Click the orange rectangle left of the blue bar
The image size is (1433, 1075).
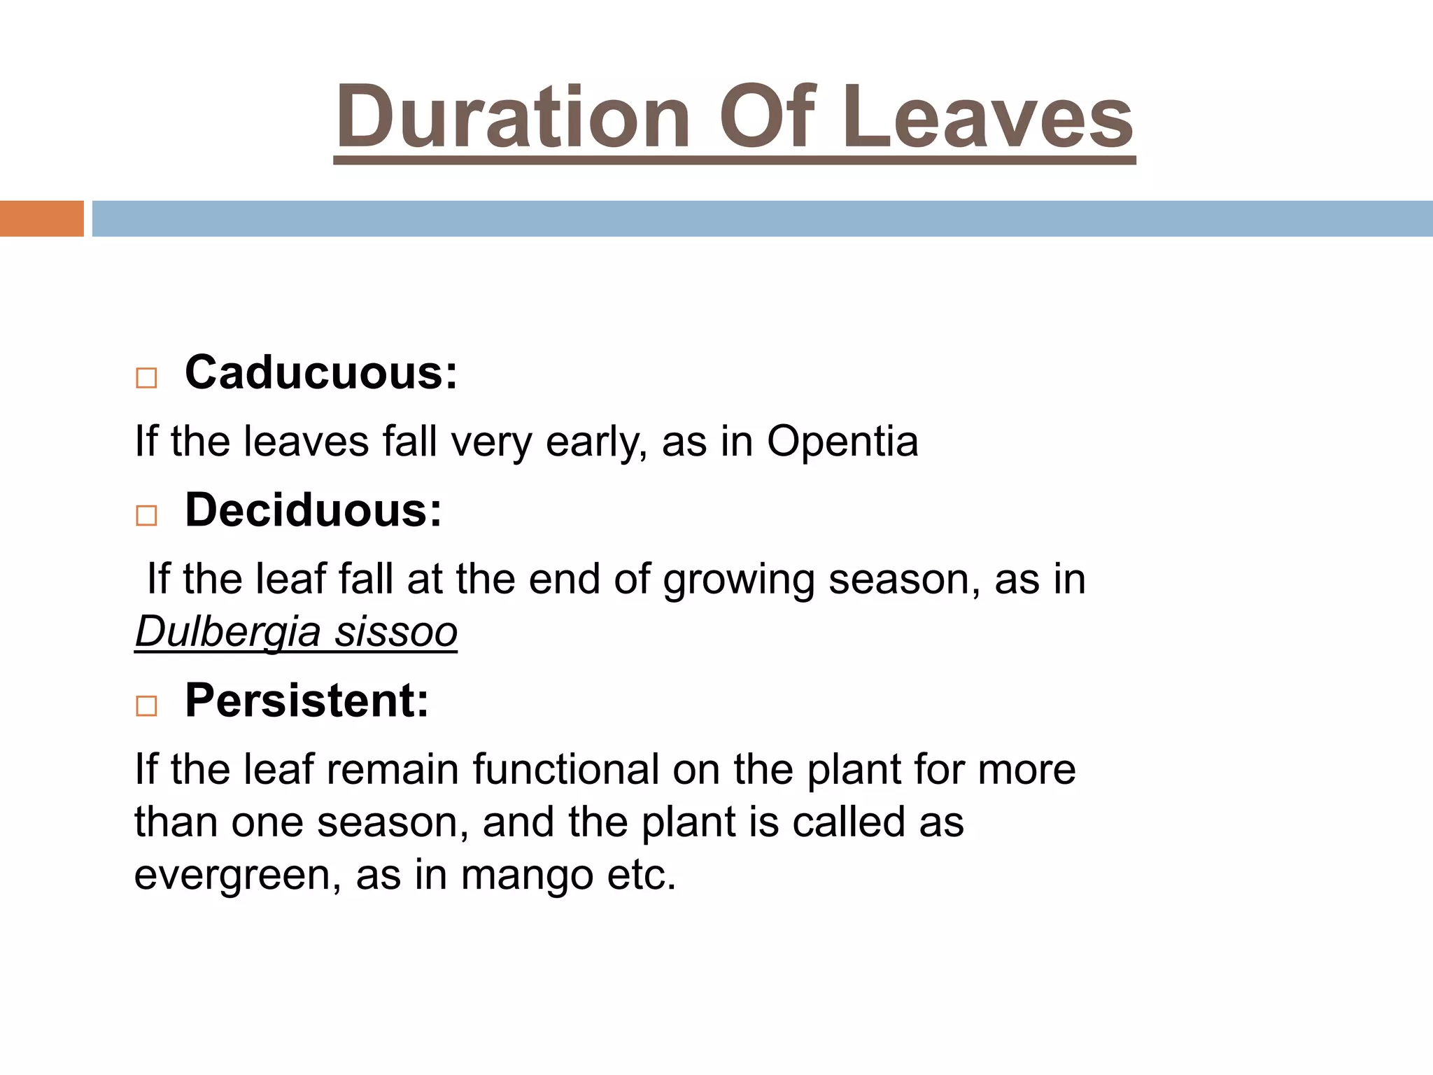(41, 218)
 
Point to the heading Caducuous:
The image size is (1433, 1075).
(321, 372)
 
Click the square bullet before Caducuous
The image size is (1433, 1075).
(146, 379)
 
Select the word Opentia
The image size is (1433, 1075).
(842, 442)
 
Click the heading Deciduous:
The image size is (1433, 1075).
(313, 510)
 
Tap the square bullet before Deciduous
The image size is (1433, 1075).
(146, 516)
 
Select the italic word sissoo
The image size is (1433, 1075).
(396, 632)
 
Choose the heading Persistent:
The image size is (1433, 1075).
(306, 700)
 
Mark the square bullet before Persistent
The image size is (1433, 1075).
(146, 705)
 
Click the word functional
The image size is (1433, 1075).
(565, 769)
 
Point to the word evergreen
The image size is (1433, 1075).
(238, 875)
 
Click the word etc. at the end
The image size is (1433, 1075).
(642, 875)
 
